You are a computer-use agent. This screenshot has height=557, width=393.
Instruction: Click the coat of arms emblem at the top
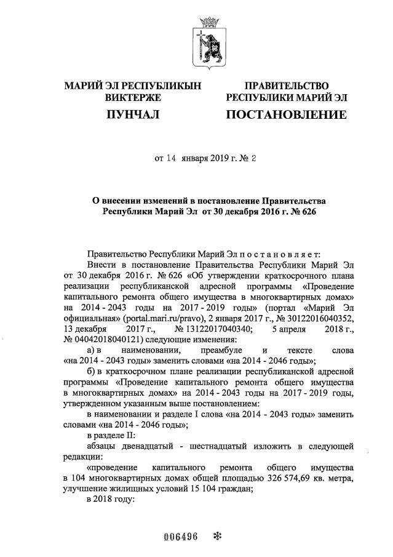[x=208, y=44]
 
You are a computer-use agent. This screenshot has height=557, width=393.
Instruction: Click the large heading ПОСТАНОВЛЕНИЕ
[x=286, y=114]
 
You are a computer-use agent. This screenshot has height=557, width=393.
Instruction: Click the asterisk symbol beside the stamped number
[x=216, y=535]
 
